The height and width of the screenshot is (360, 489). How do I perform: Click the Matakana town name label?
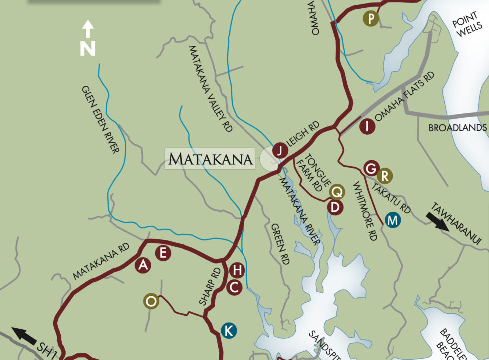tap(210, 159)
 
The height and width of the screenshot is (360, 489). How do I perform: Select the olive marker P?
tap(371, 19)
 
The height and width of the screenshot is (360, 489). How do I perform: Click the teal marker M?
tap(393, 219)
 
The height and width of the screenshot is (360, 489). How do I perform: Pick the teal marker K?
tap(228, 330)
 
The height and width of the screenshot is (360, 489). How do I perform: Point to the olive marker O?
tap(151, 301)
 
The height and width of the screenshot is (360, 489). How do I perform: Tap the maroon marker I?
tap(367, 126)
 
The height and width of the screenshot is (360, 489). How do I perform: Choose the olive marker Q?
tap(338, 191)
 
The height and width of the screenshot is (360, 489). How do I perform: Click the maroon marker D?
tap(335, 207)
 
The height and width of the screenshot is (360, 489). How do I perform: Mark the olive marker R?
tap(384, 176)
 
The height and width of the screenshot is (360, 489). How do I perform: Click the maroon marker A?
tap(143, 265)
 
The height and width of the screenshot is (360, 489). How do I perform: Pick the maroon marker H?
tap(237, 271)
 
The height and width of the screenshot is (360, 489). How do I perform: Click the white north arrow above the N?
tap(88, 29)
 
